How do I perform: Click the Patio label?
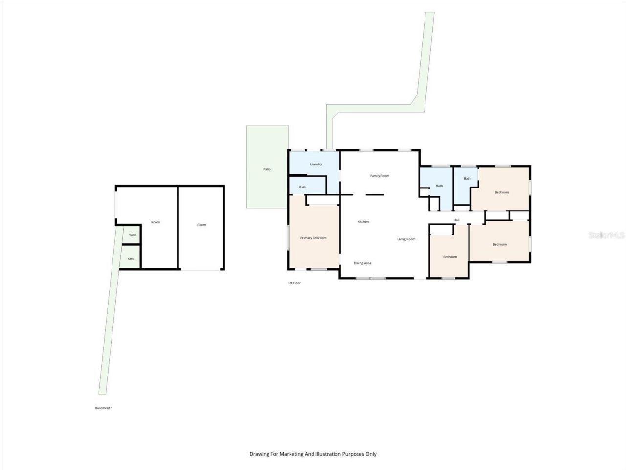267,169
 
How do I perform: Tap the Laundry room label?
316,164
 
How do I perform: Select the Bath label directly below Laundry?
303,187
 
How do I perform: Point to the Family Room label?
380,176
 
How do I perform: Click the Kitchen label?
363,222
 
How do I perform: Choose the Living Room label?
406,239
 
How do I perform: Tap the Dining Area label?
362,263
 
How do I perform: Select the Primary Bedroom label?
313,238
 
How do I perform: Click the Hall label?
456,220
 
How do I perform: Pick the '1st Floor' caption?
294,283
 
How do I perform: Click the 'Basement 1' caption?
104,408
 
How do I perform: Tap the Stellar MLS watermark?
606,235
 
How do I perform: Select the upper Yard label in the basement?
132,235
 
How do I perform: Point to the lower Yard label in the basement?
131,258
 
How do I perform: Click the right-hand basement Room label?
201,225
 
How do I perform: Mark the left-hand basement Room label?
156,222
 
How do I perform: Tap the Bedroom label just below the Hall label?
450,257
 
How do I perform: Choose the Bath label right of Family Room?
439,186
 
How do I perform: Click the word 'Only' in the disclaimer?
371,454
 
